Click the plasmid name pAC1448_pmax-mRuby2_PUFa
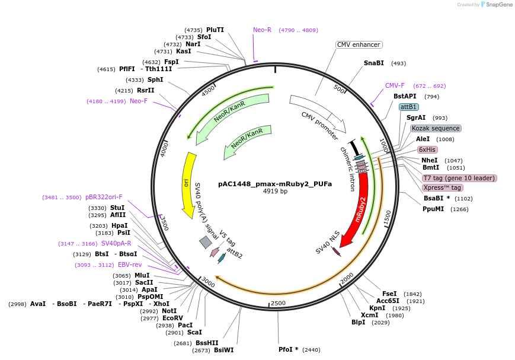click(x=275, y=184)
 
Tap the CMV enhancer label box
click(x=359, y=44)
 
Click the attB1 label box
click(x=409, y=107)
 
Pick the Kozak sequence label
click(x=436, y=128)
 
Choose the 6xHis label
click(x=427, y=149)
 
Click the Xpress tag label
click(x=442, y=187)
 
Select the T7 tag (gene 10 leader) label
click(x=459, y=178)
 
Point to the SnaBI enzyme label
click(x=374, y=63)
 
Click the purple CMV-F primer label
click(x=395, y=85)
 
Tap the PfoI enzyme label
click(x=289, y=349)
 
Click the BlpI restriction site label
click(x=359, y=322)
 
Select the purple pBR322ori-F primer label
click(x=104, y=197)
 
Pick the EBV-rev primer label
click(x=130, y=265)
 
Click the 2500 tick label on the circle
click(x=278, y=303)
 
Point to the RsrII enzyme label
click(x=145, y=90)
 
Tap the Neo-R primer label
click(x=262, y=30)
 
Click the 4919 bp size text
click(x=275, y=192)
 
